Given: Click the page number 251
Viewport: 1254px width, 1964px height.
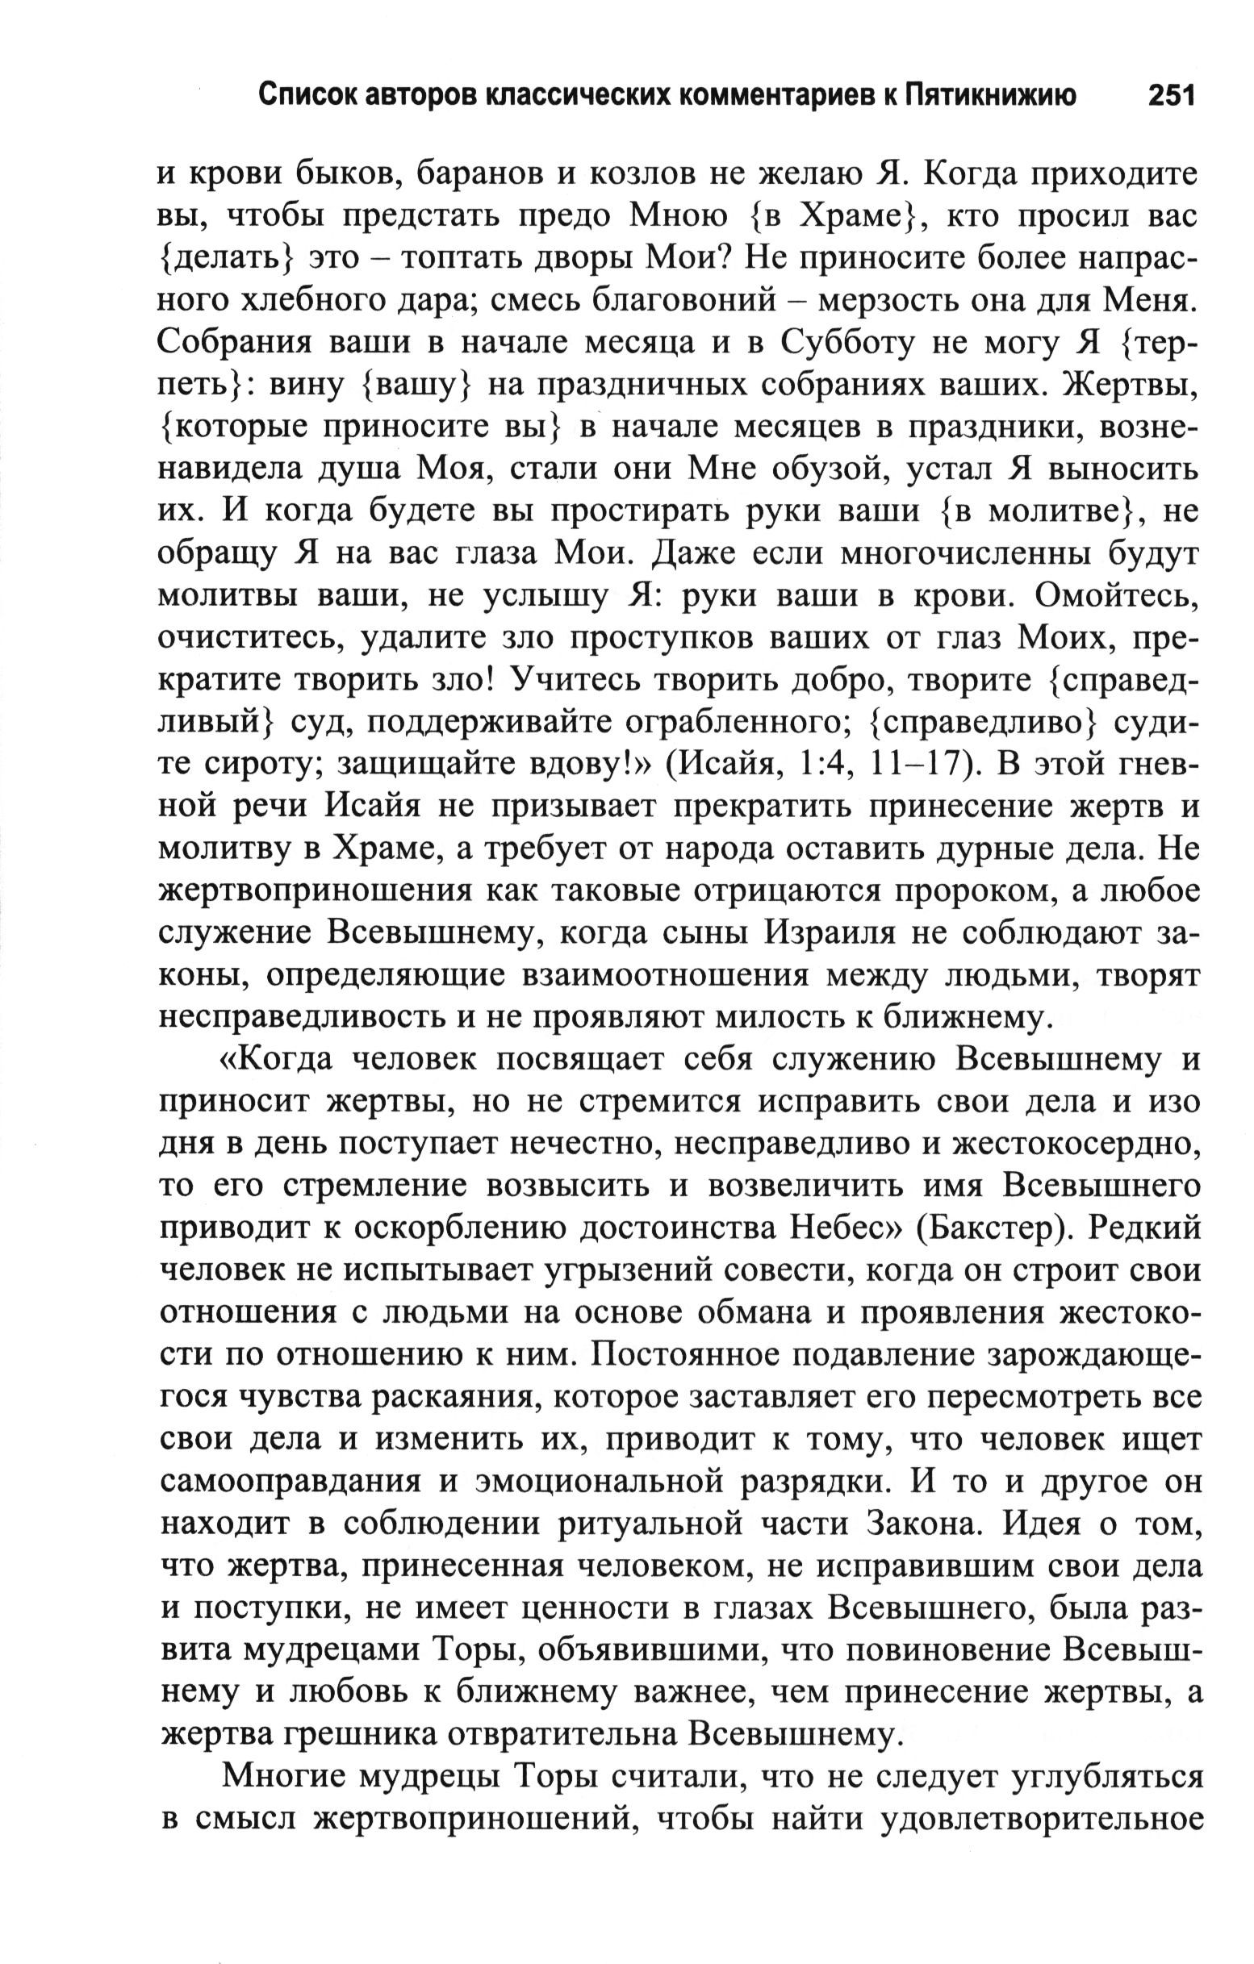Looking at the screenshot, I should tap(1171, 96).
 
